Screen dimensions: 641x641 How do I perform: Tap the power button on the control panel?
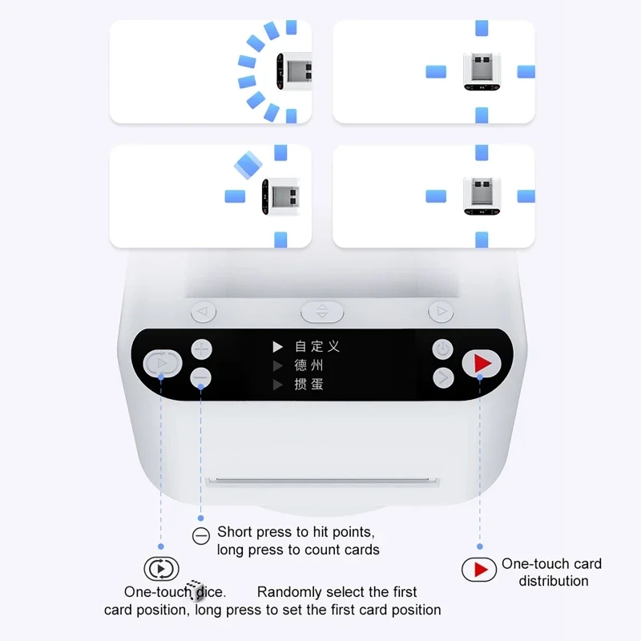pos(443,349)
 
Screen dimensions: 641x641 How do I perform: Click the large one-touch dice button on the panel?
pos(160,363)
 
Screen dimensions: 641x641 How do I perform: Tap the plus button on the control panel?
pos(201,349)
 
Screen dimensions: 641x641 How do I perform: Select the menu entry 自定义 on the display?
pos(316,346)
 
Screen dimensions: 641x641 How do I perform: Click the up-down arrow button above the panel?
pos(322,312)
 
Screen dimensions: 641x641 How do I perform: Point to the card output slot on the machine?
pos(323,482)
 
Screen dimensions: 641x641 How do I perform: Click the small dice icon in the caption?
pos(195,590)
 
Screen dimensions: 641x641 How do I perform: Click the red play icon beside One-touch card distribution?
pos(480,570)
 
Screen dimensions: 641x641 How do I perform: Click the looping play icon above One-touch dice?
pos(161,569)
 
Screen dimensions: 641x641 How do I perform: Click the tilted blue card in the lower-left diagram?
pos(248,165)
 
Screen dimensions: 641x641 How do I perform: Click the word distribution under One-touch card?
pos(553,581)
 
